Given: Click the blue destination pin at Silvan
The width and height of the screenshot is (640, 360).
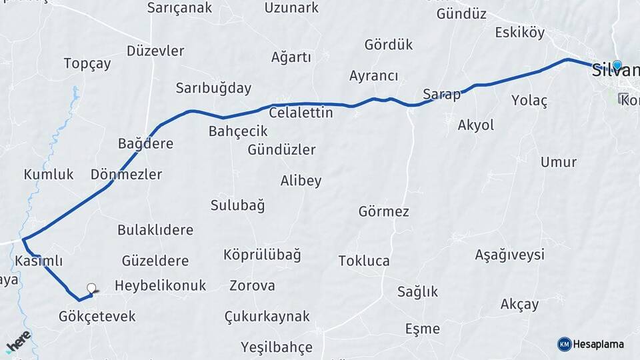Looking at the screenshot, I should coord(617,65).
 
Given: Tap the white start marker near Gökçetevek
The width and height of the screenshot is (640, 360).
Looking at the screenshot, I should coord(91,289).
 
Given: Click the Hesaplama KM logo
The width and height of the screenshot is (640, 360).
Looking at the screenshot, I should coord(565,344).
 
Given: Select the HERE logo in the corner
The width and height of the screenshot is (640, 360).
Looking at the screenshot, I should coord(18,342).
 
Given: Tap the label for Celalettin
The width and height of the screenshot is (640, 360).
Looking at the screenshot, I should coord(301,113).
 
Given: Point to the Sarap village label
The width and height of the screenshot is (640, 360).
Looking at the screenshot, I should coord(441,94).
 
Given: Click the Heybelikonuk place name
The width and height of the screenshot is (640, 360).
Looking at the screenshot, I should coord(160,285).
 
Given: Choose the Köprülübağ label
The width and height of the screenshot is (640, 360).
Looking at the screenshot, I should coord(262,255).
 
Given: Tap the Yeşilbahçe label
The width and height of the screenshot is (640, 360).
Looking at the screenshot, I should coord(277,347).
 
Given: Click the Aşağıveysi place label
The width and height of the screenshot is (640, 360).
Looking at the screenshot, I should coord(509,254).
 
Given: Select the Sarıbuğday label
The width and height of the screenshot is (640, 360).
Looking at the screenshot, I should coord(213,88).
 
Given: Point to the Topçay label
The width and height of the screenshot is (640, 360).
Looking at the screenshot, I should coord(87,63).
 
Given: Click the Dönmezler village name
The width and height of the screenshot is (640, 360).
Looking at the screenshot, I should coord(127,175).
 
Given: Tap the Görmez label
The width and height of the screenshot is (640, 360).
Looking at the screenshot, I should coord(383,211).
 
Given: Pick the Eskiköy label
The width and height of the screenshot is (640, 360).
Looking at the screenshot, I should coord(519,33).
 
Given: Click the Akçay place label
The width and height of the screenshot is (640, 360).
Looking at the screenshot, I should coord(519,304).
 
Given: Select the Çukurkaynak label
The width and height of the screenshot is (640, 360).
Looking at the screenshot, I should coord(267,316).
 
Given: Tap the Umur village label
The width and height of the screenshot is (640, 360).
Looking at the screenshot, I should coord(558,162).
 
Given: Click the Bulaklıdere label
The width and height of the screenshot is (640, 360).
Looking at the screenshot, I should coord(155,230).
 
